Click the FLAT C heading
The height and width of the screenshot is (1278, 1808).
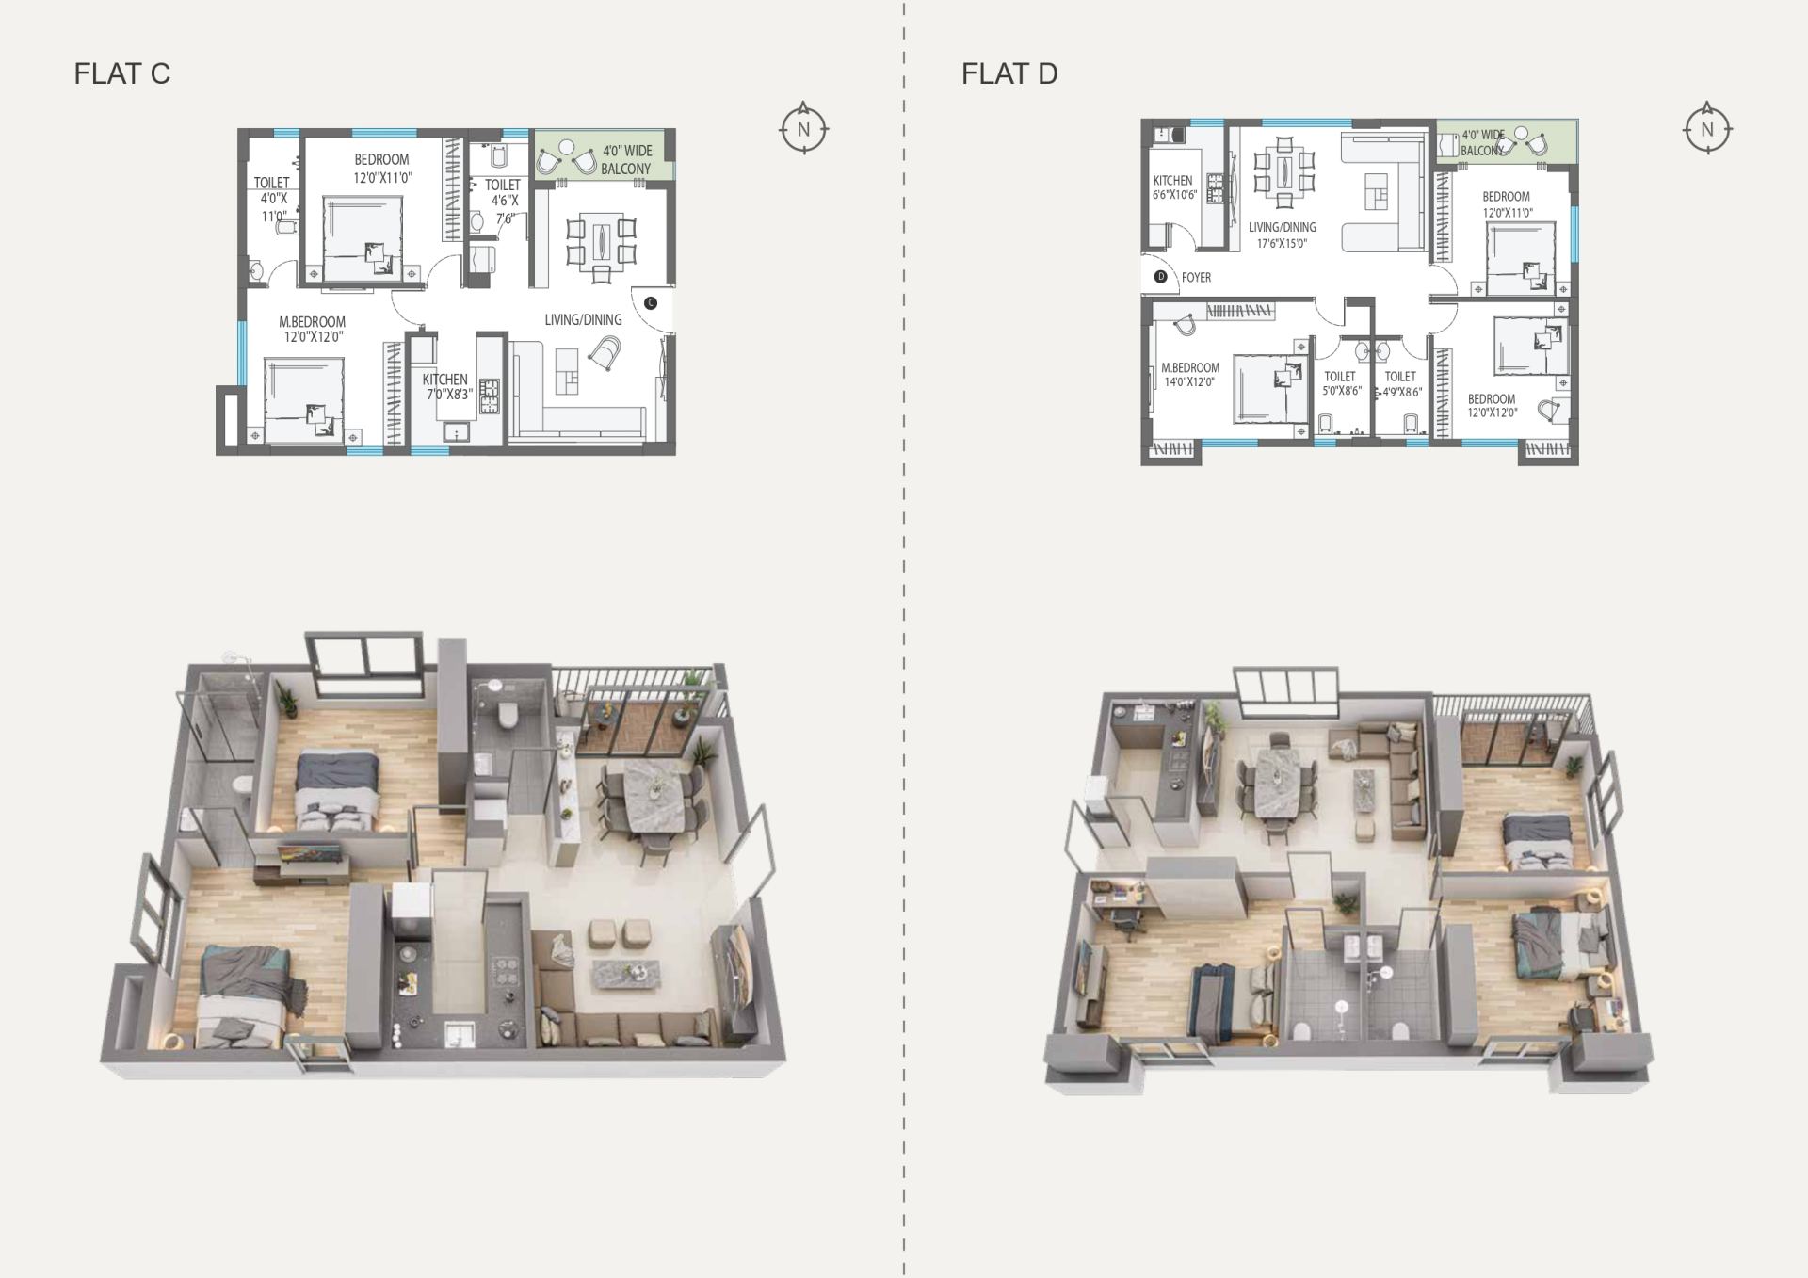[x=122, y=73]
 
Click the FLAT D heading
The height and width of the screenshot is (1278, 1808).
[x=1009, y=73]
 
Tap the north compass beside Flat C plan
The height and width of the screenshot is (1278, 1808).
[x=803, y=128]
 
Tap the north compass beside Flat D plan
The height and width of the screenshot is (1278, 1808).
[x=1707, y=129]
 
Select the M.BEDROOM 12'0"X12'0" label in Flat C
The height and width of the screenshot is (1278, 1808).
[x=312, y=329]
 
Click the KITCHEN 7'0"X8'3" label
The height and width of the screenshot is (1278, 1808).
[x=445, y=387]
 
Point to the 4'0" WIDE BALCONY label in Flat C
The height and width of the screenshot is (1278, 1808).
[x=626, y=159]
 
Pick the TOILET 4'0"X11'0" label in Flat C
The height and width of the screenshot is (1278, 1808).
[x=273, y=200]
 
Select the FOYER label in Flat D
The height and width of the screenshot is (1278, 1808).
[x=1196, y=278]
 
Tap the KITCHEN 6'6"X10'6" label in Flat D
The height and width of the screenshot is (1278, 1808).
[x=1173, y=187]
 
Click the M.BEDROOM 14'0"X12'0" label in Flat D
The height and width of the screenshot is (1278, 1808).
[x=1189, y=375]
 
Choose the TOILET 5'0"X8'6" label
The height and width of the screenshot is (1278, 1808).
[x=1341, y=383]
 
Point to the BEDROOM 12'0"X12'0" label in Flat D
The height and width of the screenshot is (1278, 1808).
[x=1492, y=406]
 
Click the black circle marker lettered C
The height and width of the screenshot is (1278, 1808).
[x=651, y=302]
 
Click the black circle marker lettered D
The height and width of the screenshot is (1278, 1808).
[x=1161, y=277]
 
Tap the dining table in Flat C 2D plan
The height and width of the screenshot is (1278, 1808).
[x=600, y=240]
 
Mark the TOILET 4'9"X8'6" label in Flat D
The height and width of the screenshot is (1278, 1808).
[x=1401, y=383]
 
